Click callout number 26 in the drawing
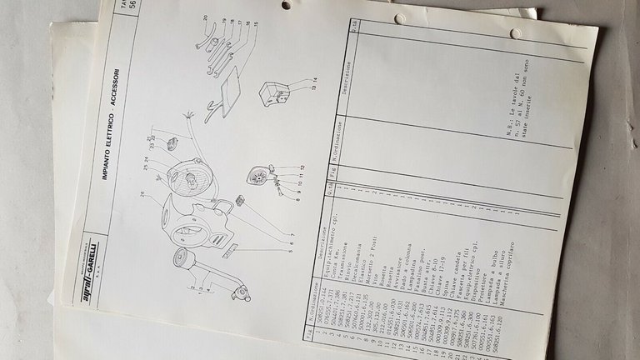[x=144, y=196]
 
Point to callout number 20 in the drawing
[x=202, y=17]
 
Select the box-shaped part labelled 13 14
[x=274, y=94]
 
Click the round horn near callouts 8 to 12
[x=257, y=178]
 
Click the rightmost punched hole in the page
[x=516, y=33]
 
